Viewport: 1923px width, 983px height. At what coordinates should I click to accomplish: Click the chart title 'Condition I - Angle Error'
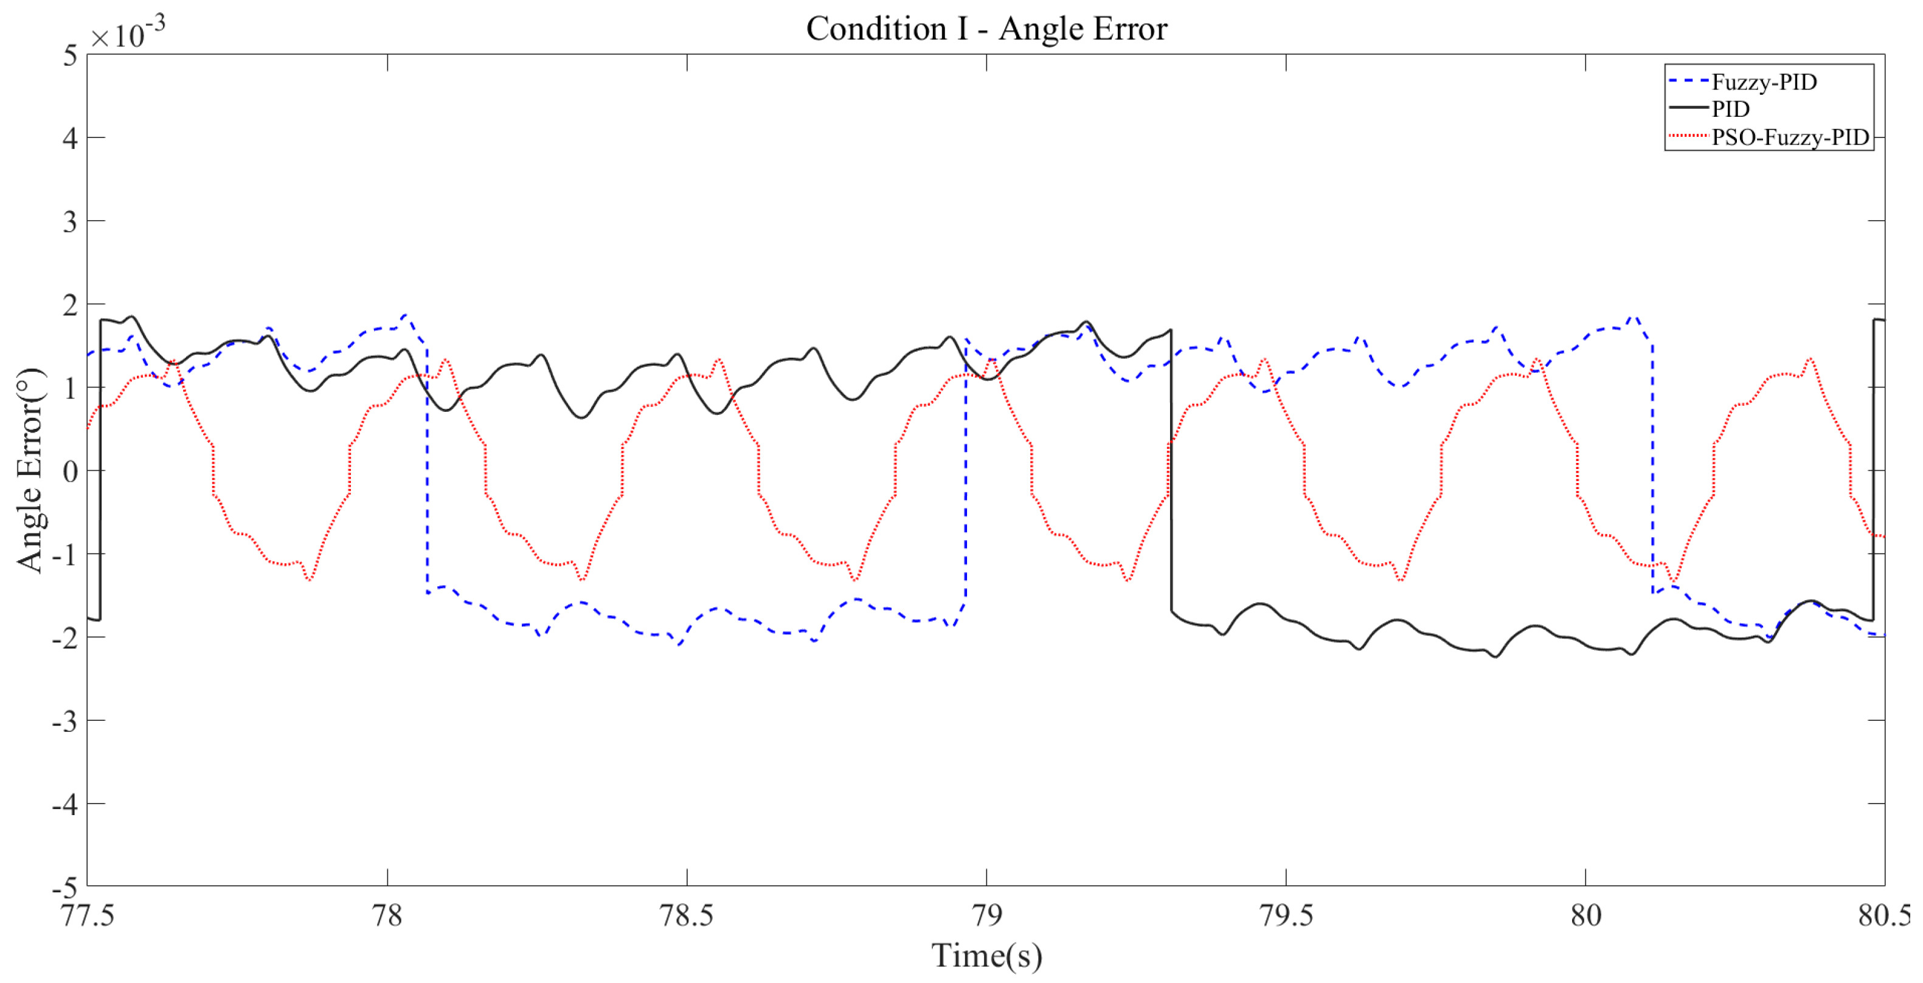tap(986, 29)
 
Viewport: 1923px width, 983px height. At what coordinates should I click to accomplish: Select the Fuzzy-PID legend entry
tap(1763, 82)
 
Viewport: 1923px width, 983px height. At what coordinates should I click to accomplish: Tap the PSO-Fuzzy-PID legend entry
tap(1789, 137)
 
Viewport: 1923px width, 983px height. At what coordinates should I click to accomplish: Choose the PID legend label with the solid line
tap(1730, 109)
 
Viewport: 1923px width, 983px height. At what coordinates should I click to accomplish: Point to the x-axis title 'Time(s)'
tap(986, 956)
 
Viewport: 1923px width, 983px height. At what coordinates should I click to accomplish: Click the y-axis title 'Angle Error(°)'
tap(30, 470)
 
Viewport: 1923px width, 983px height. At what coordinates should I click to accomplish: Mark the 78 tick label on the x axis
tap(387, 915)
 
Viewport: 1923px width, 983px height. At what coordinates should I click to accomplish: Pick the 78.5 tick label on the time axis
tap(687, 915)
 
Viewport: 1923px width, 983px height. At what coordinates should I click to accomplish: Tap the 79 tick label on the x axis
tap(986, 915)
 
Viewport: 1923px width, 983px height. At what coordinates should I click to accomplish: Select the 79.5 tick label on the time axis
tap(1286, 915)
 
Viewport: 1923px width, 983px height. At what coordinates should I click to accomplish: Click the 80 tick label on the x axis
tap(1585, 915)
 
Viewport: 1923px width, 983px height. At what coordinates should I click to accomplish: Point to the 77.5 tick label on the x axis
tap(88, 915)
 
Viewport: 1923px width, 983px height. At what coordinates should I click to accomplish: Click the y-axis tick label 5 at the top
tap(70, 55)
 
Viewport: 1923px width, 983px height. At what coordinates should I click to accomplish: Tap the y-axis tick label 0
tap(70, 471)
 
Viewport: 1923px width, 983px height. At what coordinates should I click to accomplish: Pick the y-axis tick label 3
tap(70, 221)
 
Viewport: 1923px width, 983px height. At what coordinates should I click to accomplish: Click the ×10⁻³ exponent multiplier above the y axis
tap(127, 33)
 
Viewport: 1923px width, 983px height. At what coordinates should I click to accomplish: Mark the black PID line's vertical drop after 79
tap(1171, 470)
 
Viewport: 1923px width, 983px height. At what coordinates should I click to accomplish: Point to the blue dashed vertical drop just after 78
tap(427, 470)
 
